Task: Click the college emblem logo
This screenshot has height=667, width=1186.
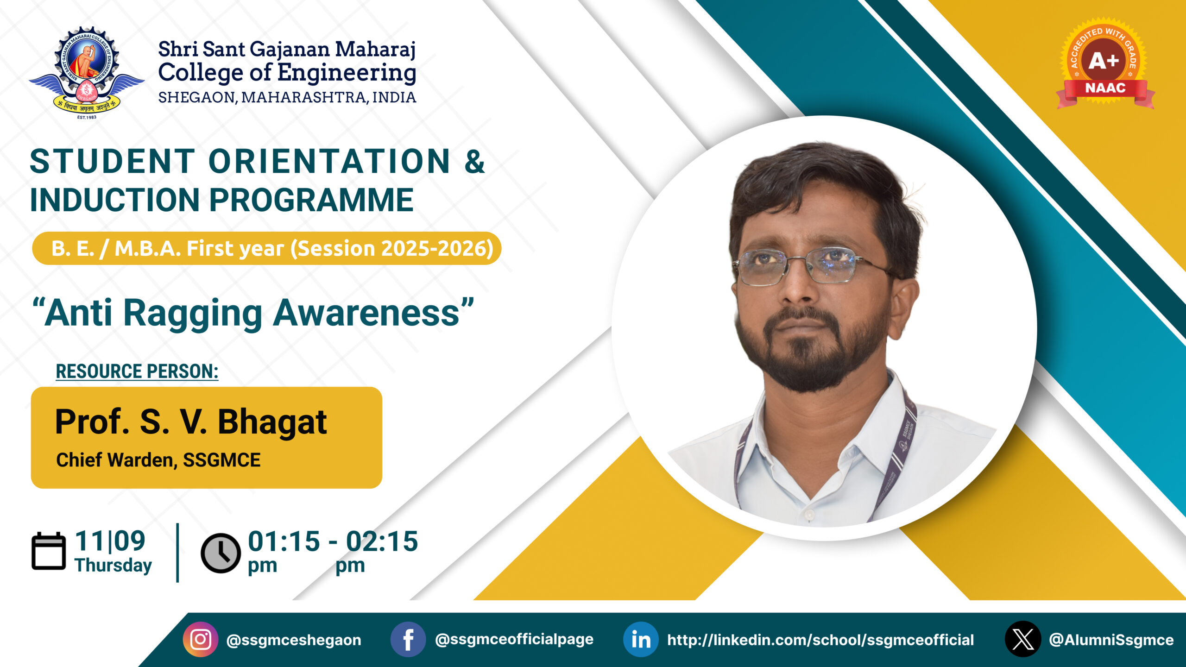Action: click(x=87, y=73)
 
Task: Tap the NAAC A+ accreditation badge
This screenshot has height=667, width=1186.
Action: click(x=1105, y=64)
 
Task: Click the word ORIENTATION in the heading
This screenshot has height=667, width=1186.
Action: click(x=329, y=161)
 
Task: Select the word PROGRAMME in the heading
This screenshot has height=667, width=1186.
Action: click(x=311, y=200)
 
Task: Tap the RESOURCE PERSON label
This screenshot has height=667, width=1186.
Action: click(x=137, y=371)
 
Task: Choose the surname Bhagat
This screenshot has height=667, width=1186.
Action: click(x=272, y=422)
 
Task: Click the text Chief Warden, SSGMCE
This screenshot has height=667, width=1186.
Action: click(x=158, y=460)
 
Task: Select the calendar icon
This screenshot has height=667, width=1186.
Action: click(x=49, y=551)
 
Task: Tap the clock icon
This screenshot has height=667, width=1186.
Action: click(x=221, y=553)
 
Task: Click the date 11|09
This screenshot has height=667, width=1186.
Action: click(x=110, y=541)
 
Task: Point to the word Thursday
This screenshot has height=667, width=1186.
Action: click(x=114, y=566)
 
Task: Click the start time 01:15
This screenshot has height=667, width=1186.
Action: click(x=284, y=541)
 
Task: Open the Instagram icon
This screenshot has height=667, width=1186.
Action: click(x=201, y=639)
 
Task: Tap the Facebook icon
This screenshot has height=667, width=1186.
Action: click(x=408, y=639)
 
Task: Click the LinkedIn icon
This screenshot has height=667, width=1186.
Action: click(x=641, y=639)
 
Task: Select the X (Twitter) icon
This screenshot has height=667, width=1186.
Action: click(x=1023, y=639)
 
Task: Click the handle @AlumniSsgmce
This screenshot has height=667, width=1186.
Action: click(x=1111, y=640)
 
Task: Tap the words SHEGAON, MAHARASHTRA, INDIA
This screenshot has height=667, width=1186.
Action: click(x=287, y=97)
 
